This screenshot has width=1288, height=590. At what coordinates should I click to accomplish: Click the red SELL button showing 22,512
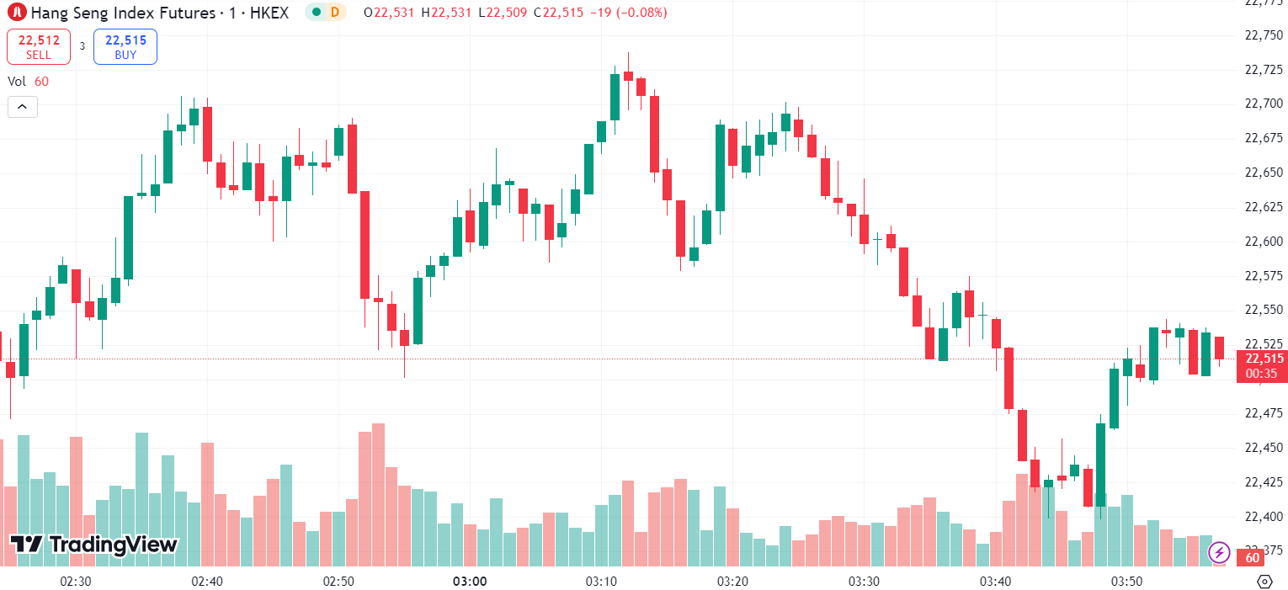pyautogui.click(x=39, y=46)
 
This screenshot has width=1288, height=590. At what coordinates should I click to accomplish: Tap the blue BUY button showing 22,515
pyautogui.click(x=125, y=46)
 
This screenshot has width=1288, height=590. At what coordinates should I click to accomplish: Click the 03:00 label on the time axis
pyautogui.click(x=469, y=582)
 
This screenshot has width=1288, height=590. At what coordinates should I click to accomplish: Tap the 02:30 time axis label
pyautogui.click(x=76, y=582)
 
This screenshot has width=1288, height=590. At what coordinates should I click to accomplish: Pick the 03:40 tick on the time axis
pyautogui.click(x=995, y=582)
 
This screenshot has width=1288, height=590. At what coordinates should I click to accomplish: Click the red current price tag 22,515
pyautogui.click(x=1261, y=359)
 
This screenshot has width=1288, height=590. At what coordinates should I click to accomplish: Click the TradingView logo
pyautogui.click(x=94, y=545)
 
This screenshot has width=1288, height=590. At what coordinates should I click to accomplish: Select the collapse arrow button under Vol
pyautogui.click(x=23, y=107)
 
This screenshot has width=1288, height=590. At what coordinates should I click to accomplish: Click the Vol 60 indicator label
pyautogui.click(x=29, y=82)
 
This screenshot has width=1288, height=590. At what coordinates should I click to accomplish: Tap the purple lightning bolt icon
pyautogui.click(x=1219, y=553)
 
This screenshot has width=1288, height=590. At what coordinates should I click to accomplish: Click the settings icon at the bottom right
pyautogui.click(x=1264, y=582)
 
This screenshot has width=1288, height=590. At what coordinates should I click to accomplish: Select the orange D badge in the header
pyautogui.click(x=334, y=13)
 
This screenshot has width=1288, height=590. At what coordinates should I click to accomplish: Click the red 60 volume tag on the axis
pyautogui.click(x=1252, y=557)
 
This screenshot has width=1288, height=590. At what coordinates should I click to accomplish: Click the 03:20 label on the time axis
pyautogui.click(x=732, y=582)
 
